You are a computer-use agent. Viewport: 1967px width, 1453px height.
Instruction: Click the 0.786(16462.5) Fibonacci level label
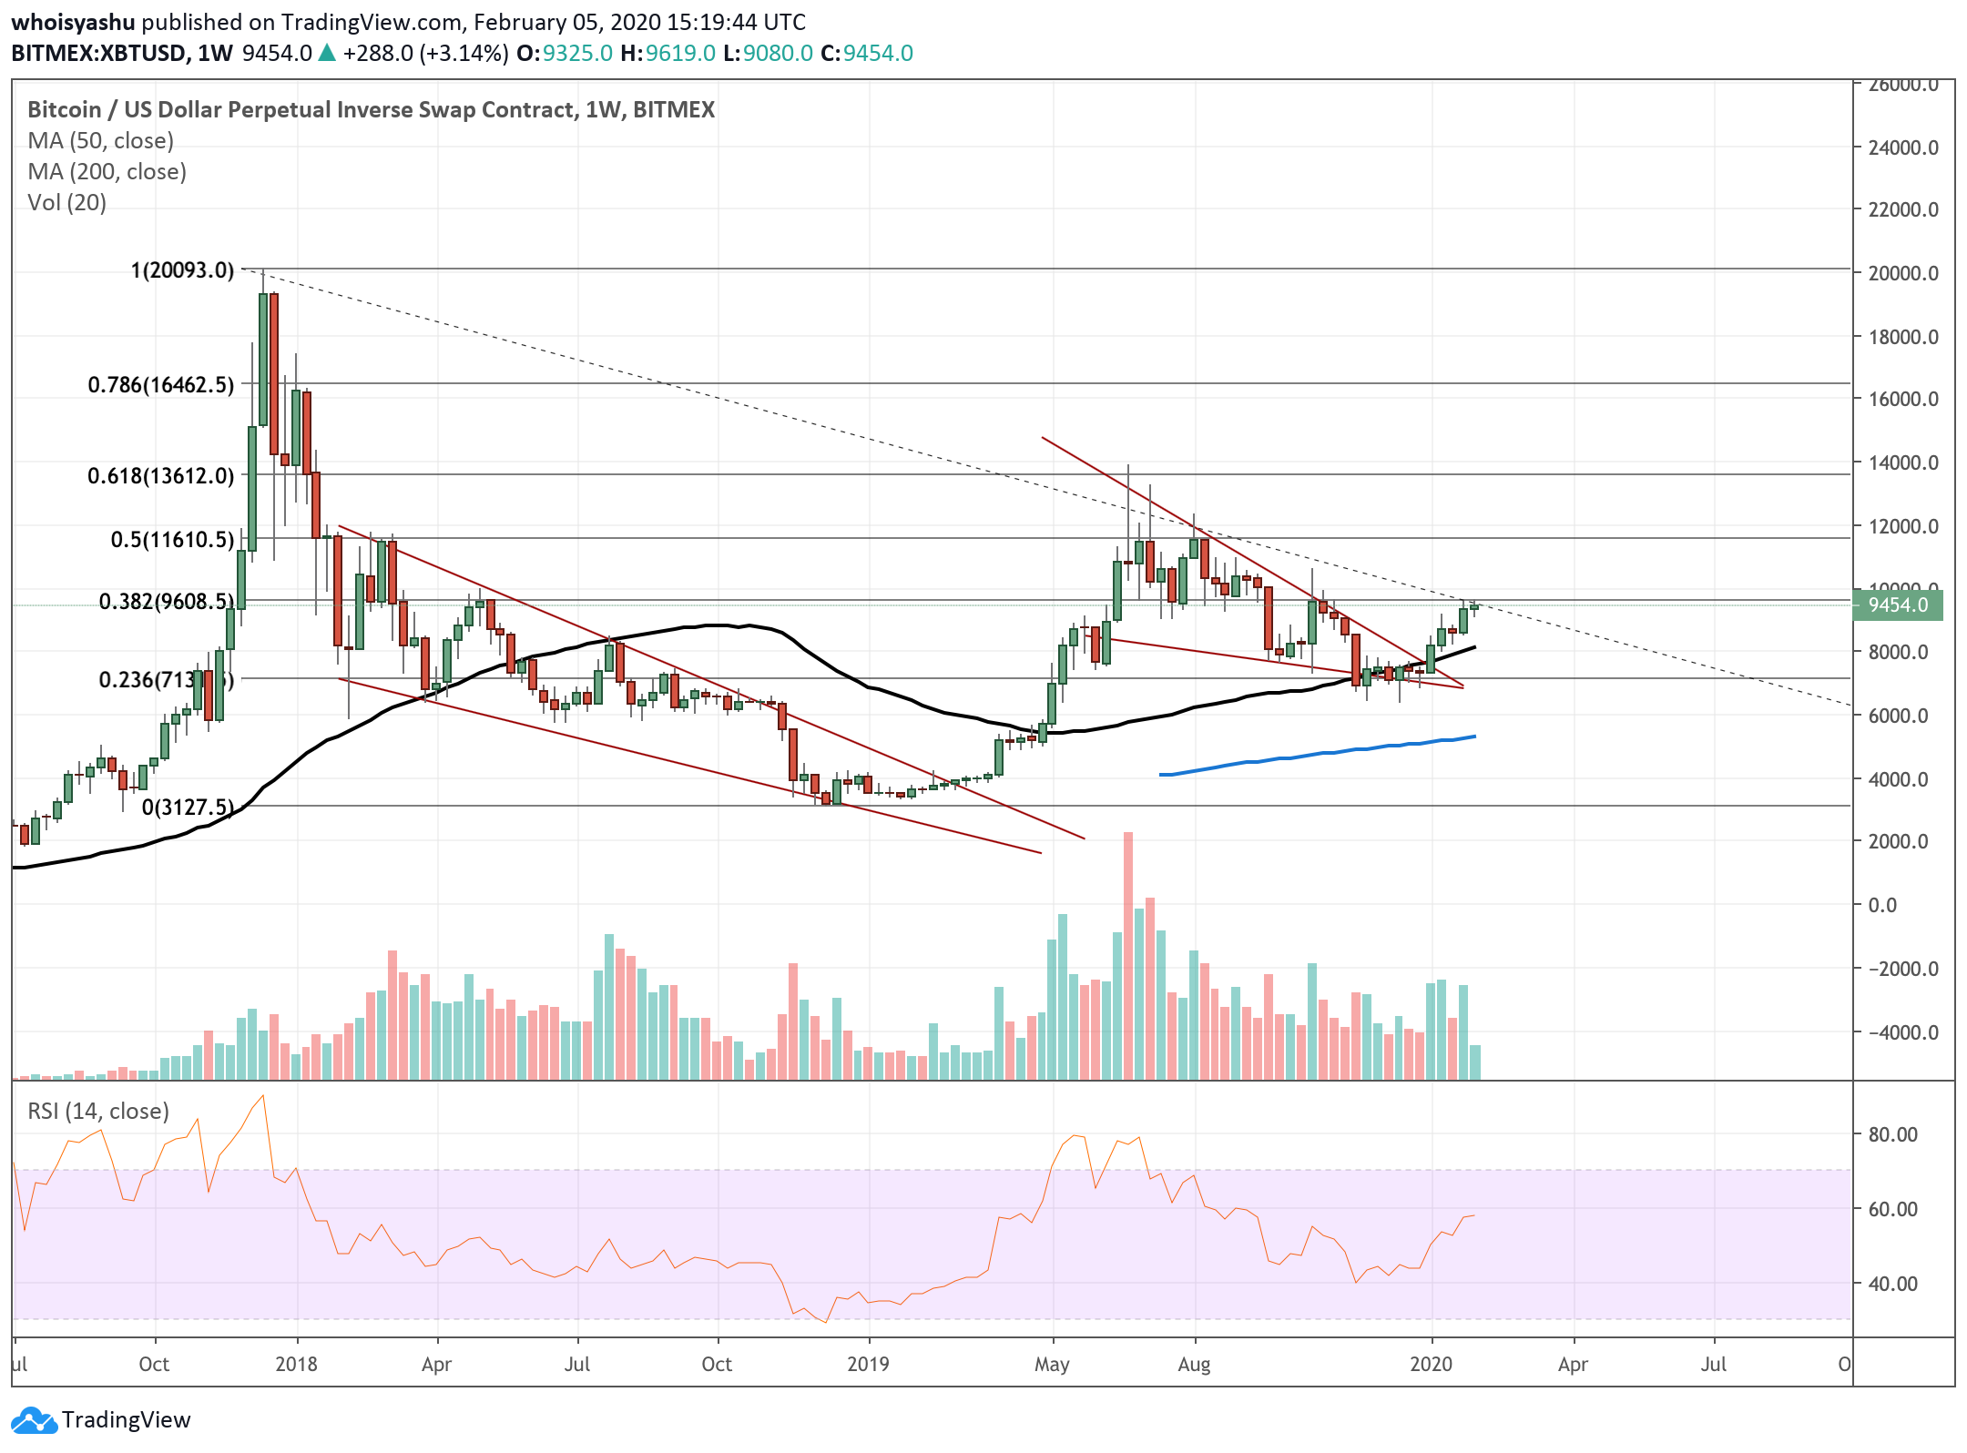160,385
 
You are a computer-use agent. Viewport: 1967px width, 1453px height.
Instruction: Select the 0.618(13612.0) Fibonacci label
160,476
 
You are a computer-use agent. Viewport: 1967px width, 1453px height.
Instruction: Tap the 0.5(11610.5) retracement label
172,540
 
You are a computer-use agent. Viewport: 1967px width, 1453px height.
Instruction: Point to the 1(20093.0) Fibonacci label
182,270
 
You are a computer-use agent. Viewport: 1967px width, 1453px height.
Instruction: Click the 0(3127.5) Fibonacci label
188,808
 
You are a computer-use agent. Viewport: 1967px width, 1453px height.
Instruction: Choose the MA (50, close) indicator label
100,141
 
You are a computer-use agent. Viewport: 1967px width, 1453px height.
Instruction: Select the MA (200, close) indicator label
107,172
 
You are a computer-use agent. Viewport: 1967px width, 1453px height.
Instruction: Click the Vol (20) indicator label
66,203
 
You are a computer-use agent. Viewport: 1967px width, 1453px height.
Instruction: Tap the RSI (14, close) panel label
98,1112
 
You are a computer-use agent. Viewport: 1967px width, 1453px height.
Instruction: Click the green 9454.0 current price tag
1898,605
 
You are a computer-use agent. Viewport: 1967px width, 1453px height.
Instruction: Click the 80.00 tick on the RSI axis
1892,1134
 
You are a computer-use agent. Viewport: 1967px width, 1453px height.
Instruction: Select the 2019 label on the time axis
868,1365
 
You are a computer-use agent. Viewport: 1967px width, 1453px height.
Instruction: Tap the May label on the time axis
1052,1365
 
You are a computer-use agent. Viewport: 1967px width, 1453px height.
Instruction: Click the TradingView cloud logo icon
35,1420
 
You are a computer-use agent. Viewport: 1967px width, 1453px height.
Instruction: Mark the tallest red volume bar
1128,956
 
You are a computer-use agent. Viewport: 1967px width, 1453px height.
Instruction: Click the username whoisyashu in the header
73,22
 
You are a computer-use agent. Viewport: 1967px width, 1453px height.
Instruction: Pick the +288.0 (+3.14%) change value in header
425,54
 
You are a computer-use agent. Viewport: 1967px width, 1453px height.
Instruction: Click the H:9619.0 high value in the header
668,54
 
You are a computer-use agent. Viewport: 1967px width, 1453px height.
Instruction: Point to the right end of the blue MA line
1474,737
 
